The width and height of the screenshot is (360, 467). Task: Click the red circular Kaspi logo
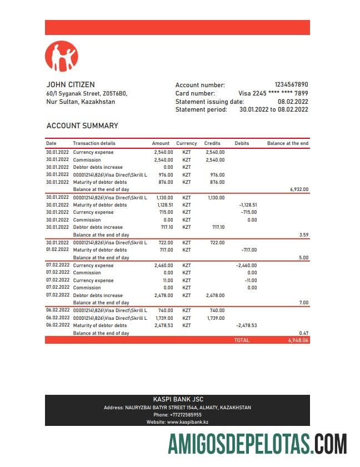pos(62,56)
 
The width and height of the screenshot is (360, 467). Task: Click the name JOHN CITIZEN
pos(70,85)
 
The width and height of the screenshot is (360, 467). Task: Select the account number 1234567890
pos(291,85)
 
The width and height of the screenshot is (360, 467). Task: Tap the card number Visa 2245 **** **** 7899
pos(273,93)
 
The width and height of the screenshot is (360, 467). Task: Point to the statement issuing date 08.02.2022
pos(293,102)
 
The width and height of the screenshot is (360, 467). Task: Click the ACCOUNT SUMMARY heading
pos(82,126)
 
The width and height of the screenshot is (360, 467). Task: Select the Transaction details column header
pos(94,143)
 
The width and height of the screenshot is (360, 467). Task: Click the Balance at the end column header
pos(287,143)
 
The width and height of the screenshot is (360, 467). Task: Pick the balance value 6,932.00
pos(299,189)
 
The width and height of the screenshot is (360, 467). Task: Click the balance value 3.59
pos(303,235)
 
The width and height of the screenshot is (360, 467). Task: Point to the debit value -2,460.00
pos(246,265)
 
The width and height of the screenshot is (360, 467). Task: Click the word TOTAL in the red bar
pos(242,340)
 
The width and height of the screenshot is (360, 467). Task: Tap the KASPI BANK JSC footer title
pos(177,399)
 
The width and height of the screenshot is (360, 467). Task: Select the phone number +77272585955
pos(177,415)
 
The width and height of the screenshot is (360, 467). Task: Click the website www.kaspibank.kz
pos(177,423)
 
